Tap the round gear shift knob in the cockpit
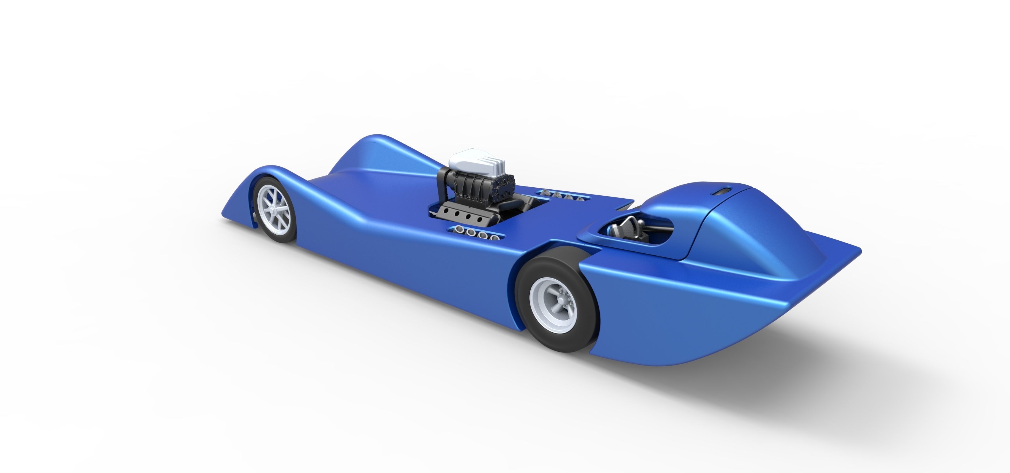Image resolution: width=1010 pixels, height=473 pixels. pyautogui.click(x=640, y=222)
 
